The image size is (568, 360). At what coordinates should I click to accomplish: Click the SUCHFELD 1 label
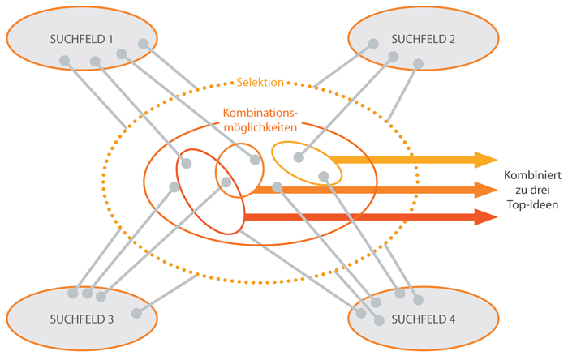[82, 38]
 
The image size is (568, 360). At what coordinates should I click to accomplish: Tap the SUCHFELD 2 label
[424, 38]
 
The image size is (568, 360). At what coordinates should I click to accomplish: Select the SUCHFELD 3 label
[82, 319]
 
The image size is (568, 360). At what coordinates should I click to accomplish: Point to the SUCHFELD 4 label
[424, 319]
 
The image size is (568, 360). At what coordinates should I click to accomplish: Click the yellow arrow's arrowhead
[487, 159]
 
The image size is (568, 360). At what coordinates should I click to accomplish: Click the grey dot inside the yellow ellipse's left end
[299, 158]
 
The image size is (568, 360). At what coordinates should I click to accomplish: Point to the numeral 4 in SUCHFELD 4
[452, 319]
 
